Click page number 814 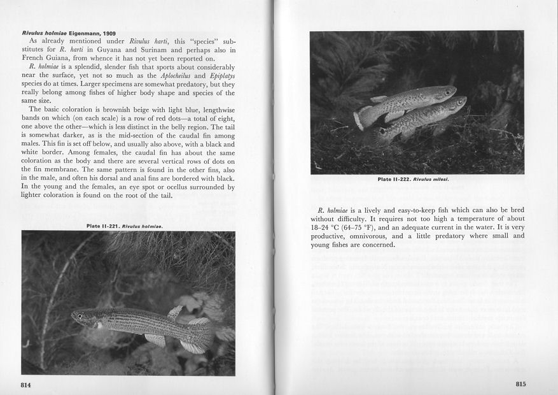[x=26, y=385]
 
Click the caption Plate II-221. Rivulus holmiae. [x=125, y=226]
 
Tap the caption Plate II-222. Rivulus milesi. [x=413, y=179]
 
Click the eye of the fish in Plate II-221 [x=79, y=316]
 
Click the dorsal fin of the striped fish [x=174, y=312]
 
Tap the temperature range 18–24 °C [x=330, y=227]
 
